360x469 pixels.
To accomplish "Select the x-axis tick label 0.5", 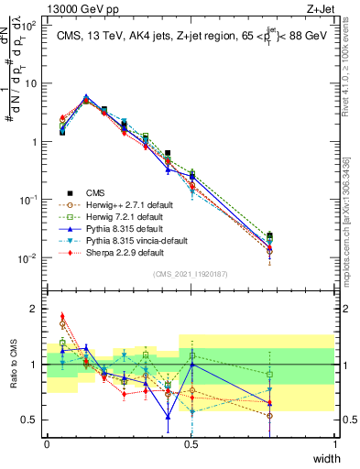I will tap(191, 444).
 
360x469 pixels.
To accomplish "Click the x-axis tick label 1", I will tap(335, 444).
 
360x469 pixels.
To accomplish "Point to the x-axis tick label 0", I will tap(47, 444).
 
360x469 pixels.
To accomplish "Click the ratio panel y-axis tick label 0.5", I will tap(30, 420).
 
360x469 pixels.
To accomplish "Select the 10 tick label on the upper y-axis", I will tap(31, 83).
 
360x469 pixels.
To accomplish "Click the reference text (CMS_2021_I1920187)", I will tap(191, 274).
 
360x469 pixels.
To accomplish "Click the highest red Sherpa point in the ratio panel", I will tap(62, 316).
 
